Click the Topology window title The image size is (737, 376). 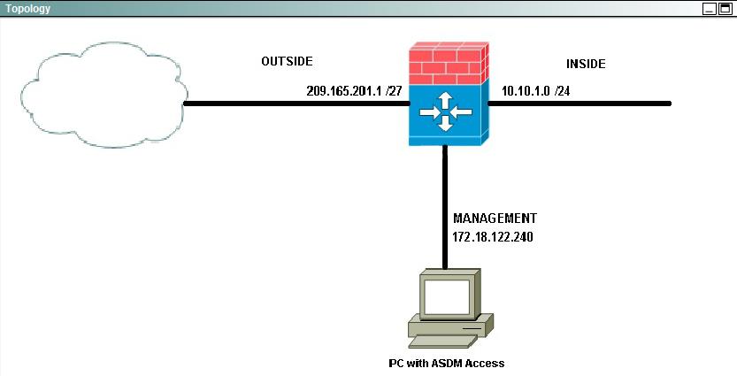coord(27,9)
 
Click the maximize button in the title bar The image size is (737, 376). coord(725,9)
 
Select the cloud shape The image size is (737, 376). coord(104,95)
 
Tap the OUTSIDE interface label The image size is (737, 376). coord(287,61)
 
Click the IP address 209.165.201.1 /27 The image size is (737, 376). coord(354,91)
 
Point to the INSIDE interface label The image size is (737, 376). coord(586,64)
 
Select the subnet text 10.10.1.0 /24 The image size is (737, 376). coord(536,91)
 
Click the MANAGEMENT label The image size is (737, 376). coord(495,218)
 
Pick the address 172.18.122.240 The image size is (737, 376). coord(493,237)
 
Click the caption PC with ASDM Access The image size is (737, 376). coord(447,364)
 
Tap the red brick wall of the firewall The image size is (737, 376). coord(449,64)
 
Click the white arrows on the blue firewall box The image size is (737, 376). coord(446,111)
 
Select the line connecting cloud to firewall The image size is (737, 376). coord(296,104)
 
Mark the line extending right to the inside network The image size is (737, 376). coord(580,104)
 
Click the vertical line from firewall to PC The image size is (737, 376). coord(445,207)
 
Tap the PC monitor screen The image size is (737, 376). coord(447,297)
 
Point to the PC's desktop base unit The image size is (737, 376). coord(450,325)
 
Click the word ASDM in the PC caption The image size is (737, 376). coord(441,364)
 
